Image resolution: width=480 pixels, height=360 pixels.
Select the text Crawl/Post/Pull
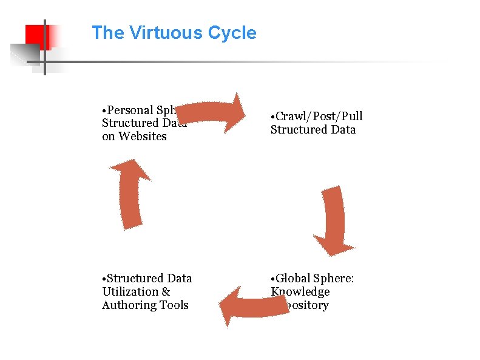pos(319,116)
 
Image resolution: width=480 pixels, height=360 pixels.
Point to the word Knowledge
pos(300,291)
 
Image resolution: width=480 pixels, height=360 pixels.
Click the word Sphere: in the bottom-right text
pos(334,278)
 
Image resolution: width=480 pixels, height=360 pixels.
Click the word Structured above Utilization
pos(134,278)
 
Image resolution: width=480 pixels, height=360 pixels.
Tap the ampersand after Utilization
pos(166,291)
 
